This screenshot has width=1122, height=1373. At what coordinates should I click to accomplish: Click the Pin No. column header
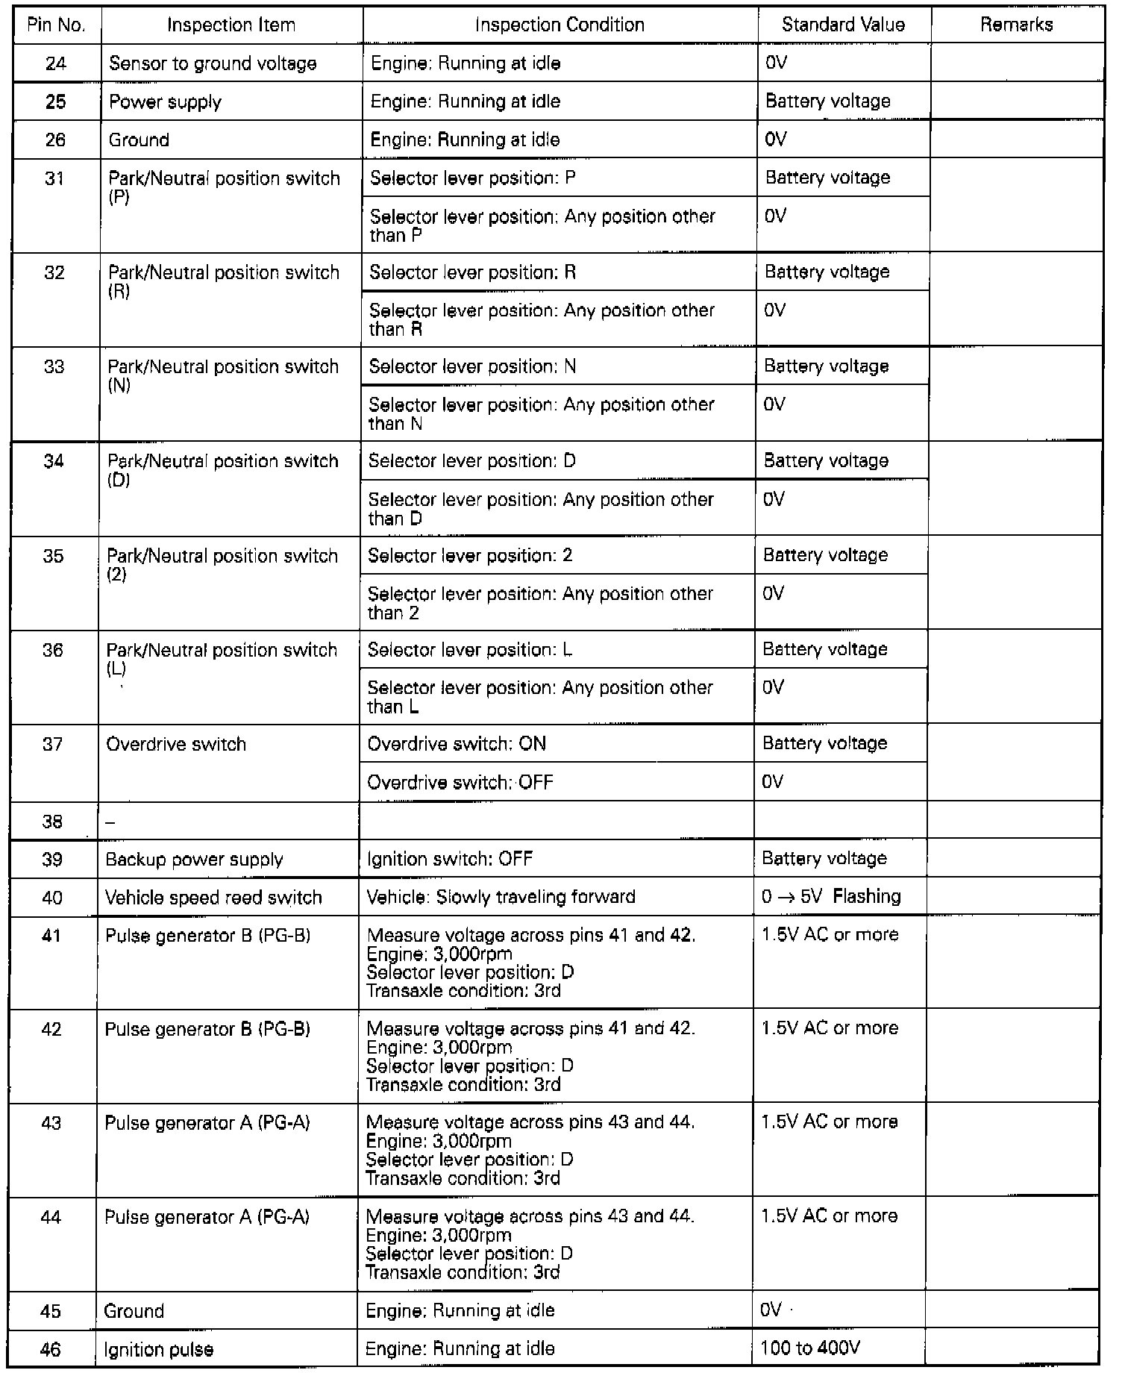[56, 25]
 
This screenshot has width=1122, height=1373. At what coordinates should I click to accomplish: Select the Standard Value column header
[843, 25]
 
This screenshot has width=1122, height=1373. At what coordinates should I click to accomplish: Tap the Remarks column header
[1016, 25]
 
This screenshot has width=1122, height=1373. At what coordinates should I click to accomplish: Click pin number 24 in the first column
[55, 63]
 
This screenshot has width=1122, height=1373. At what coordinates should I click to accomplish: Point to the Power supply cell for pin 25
[165, 102]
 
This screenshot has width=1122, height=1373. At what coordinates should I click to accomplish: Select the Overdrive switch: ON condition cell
[457, 744]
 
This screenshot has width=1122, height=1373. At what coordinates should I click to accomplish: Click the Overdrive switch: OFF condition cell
[460, 782]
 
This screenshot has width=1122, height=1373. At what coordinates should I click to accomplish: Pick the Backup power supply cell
[194, 860]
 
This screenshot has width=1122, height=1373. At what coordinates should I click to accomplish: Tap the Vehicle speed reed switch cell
[213, 898]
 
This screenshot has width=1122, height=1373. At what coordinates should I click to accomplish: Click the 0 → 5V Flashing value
[831, 896]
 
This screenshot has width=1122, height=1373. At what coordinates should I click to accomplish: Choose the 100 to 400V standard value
[810, 1348]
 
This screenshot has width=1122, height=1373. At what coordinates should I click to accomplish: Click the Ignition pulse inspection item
[158, 1349]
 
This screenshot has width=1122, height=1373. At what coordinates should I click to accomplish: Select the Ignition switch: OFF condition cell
[450, 859]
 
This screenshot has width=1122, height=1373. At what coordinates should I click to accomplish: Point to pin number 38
[52, 822]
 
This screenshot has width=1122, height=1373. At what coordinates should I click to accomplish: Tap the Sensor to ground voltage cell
[213, 63]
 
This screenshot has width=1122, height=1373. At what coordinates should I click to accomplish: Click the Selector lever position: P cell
[472, 178]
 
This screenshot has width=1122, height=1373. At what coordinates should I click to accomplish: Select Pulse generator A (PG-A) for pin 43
[207, 1123]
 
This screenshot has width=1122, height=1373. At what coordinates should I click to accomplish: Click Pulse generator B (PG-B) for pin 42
[207, 1029]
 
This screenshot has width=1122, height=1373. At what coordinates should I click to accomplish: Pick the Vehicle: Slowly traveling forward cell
[501, 897]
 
